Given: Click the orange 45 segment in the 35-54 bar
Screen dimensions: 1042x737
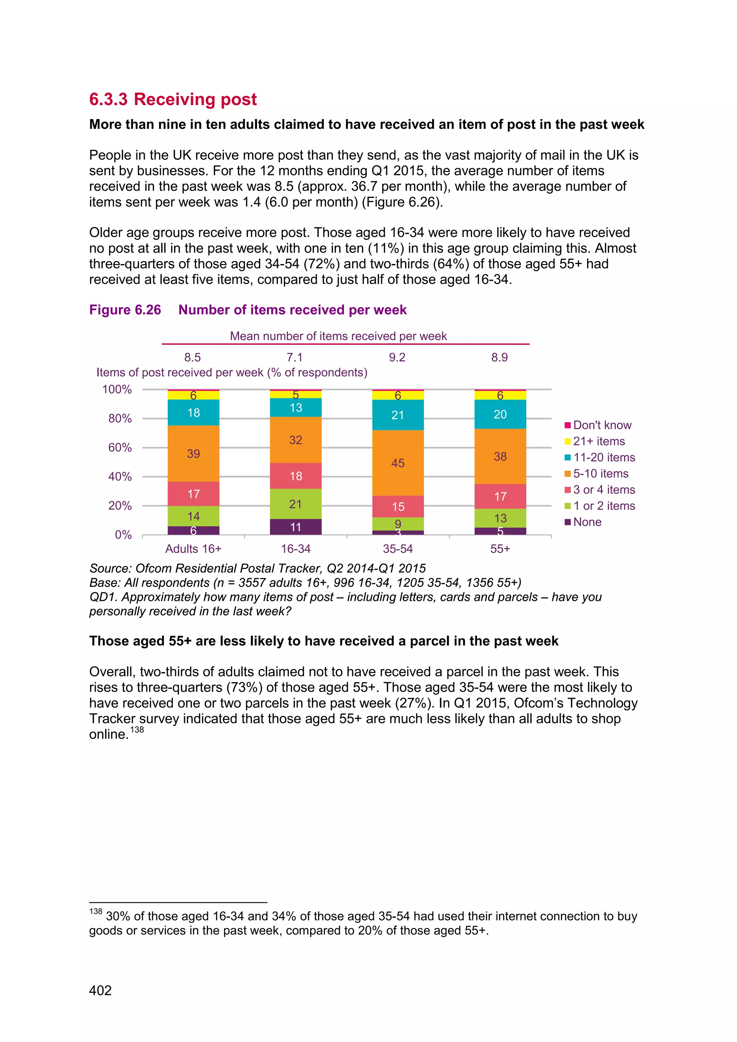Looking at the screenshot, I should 398,463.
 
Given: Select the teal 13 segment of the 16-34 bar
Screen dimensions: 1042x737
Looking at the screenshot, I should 295,408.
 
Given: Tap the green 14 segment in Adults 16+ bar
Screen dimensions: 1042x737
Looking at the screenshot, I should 193,516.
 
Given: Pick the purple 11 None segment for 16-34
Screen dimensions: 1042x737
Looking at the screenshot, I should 295,527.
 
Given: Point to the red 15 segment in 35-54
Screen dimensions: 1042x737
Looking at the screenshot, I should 398,507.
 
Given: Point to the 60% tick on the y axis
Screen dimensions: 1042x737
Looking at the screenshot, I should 120,448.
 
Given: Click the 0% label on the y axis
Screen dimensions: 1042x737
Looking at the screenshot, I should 123,535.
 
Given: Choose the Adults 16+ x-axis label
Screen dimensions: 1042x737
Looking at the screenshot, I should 193,549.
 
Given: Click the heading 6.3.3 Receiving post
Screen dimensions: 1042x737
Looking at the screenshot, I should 173,99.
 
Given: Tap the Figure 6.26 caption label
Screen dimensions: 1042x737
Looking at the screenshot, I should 125,309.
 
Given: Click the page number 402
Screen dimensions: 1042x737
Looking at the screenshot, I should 100,990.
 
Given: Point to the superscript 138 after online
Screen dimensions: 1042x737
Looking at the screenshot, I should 137,730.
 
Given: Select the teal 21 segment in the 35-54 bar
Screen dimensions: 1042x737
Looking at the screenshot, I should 398,415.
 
